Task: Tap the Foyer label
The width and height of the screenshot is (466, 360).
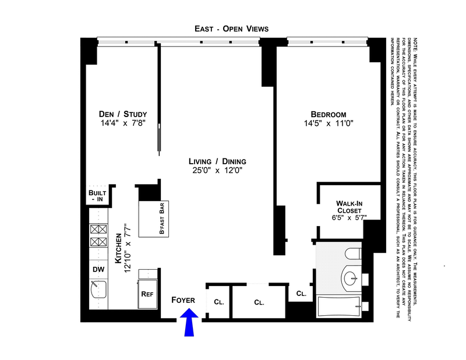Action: pyautogui.click(x=183, y=300)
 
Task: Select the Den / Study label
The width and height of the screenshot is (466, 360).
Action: pyautogui.click(x=123, y=114)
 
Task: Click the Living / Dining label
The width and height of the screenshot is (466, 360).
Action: pyautogui.click(x=218, y=161)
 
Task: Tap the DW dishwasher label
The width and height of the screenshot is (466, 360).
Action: pyautogui.click(x=98, y=269)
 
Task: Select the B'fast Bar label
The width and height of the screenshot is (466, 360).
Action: pyautogui.click(x=163, y=218)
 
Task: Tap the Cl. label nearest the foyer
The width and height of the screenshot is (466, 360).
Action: pyautogui.click(x=219, y=302)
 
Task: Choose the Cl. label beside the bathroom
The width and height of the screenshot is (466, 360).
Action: pyautogui.click(x=301, y=294)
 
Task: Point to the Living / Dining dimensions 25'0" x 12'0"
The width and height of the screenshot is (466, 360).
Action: pyautogui.click(x=218, y=171)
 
